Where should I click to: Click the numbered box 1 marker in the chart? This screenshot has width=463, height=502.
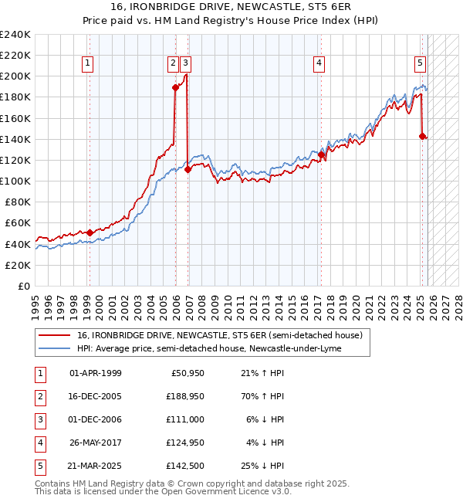[89, 63]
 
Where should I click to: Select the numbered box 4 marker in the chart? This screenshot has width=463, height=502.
[319, 63]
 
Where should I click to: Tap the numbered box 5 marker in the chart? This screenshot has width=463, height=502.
[420, 63]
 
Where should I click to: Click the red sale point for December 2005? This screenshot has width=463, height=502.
[175, 87]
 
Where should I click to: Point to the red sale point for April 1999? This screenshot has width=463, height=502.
[90, 232]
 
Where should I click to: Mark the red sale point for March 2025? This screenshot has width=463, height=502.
[422, 136]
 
